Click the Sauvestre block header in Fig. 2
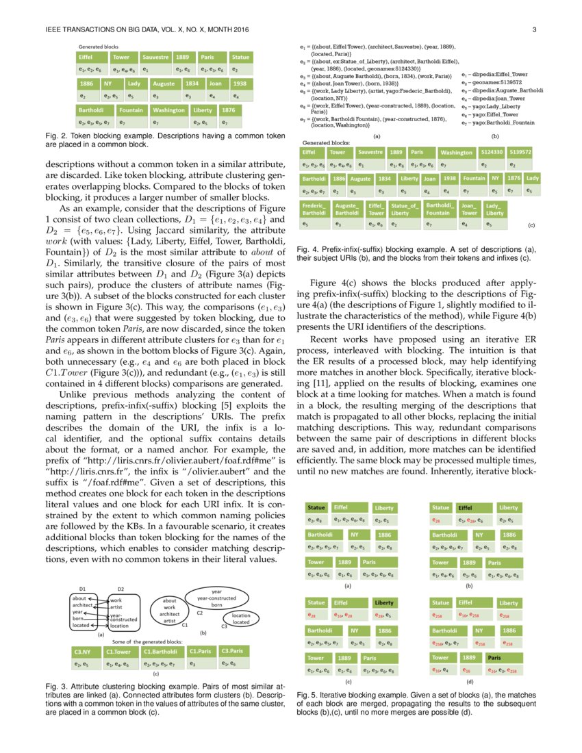[155, 58]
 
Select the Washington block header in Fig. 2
[168, 110]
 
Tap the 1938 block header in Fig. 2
[239, 84]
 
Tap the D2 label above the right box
[121, 588]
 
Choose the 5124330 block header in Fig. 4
[492, 152]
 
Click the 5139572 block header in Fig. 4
[521, 152]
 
